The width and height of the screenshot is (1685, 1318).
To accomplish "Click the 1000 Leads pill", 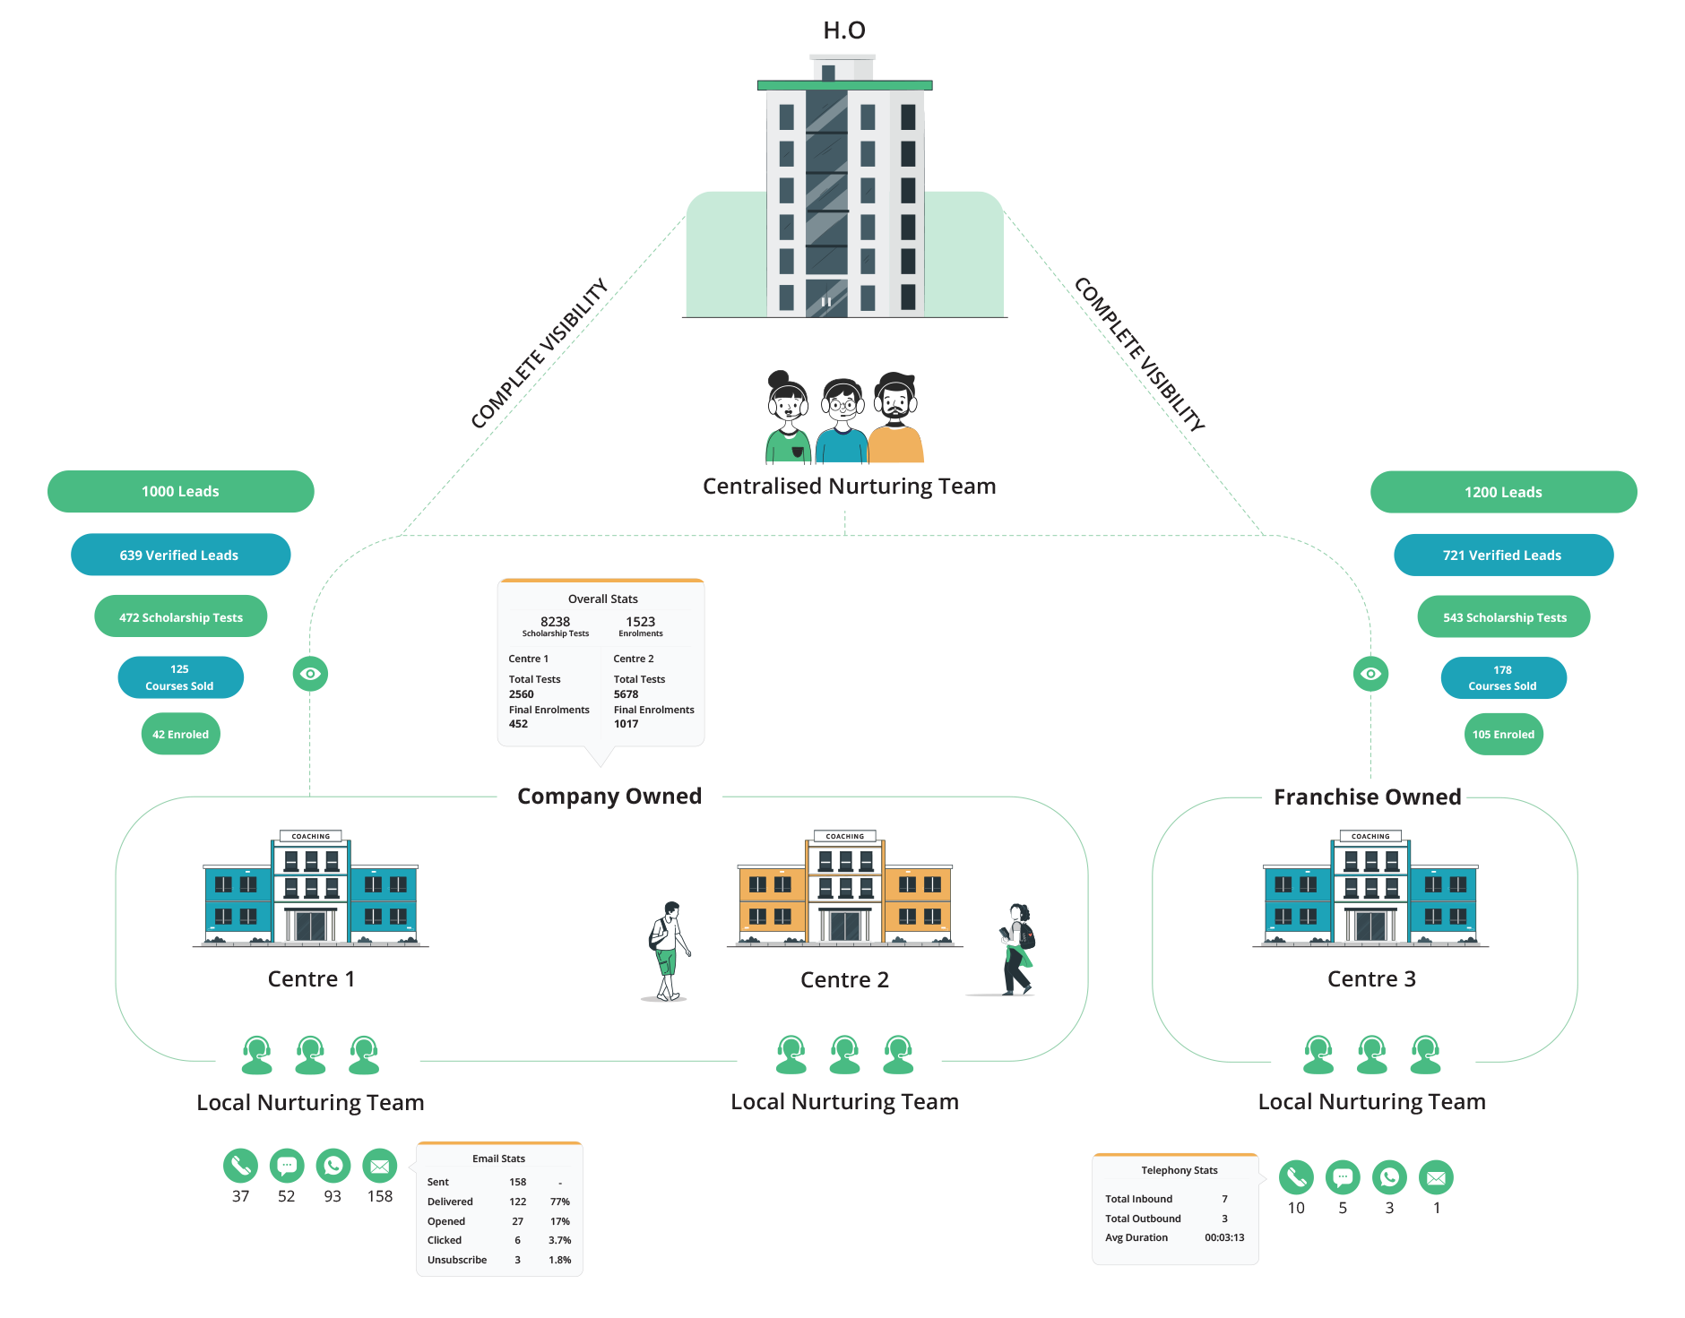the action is (x=180, y=491).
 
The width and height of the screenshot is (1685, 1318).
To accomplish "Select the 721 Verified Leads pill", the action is (x=1503, y=556).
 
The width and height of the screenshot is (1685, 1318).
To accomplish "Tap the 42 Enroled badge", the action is (x=180, y=734).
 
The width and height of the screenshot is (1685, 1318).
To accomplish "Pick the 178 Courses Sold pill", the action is (x=1503, y=677).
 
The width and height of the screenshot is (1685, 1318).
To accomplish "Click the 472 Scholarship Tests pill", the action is (x=180, y=616).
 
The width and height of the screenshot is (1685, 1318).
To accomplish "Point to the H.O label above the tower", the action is (x=844, y=30).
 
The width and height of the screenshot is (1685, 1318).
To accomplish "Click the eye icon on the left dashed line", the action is (x=310, y=674).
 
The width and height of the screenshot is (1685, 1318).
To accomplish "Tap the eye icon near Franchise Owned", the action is (x=1370, y=674).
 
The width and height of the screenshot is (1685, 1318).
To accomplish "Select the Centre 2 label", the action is (x=844, y=979).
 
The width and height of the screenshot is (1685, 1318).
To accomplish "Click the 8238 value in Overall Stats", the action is (x=555, y=621).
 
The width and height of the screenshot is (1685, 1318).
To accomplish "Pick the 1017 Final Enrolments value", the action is (x=626, y=724).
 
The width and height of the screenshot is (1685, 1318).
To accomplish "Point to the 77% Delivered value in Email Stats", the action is (x=560, y=1202).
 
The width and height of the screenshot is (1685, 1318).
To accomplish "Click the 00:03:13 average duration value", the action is (x=1224, y=1237).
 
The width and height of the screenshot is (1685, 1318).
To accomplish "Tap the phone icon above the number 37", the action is (x=240, y=1166).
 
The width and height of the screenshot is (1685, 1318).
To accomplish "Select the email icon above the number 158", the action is (x=379, y=1166).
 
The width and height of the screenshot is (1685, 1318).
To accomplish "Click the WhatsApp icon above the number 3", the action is (x=1389, y=1177).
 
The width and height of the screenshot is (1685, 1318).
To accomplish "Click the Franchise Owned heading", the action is (x=1367, y=797).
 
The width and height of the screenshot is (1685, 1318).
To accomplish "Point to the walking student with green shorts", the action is (x=669, y=951).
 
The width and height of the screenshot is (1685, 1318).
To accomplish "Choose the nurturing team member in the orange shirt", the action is (x=895, y=418).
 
